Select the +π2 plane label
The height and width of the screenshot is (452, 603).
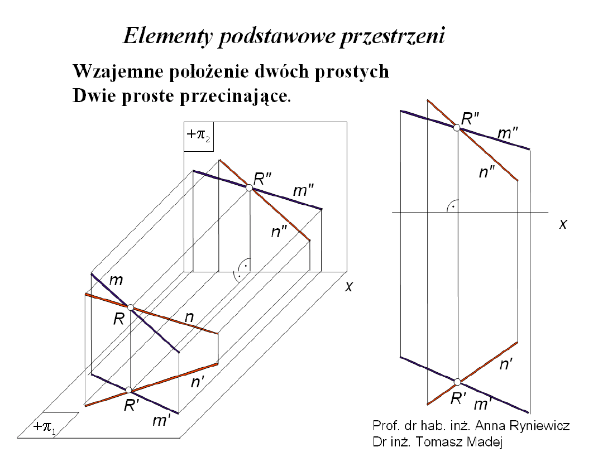[x=198, y=136]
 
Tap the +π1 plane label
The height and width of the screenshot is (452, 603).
[x=44, y=428]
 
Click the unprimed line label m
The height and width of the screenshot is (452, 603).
[x=116, y=281]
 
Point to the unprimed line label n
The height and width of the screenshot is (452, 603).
[x=189, y=318]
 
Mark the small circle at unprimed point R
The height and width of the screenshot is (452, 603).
[x=131, y=307]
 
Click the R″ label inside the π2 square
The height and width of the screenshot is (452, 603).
[x=262, y=179]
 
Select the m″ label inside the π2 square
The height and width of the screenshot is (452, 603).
[x=304, y=191]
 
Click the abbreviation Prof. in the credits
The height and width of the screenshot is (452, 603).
[x=385, y=426]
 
